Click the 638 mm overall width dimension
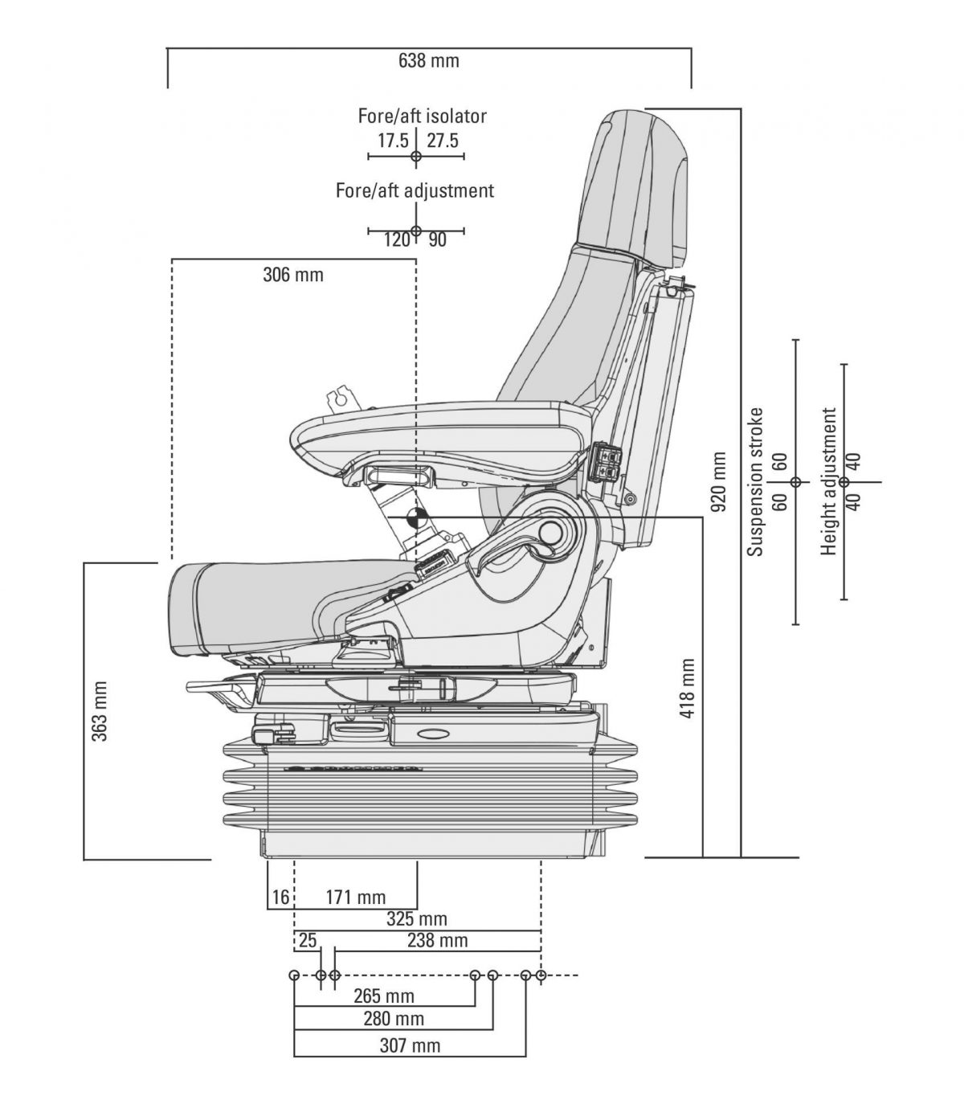tap(429, 60)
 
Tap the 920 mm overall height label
tap(719, 481)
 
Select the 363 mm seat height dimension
tap(100, 711)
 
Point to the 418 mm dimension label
tap(688, 688)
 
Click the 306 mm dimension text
tap(293, 275)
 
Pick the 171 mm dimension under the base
tap(355, 898)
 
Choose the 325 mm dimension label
tap(417, 918)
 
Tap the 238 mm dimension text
tap(437, 940)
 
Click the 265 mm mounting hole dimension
tap(384, 996)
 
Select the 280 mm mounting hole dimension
tap(394, 1019)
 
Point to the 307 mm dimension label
tap(410, 1045)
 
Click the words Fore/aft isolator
tap(423, 116)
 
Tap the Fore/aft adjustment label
tap(415, 191)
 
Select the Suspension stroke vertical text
tap(755, 482)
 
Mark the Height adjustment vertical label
tap(829, 482)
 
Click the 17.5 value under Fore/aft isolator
tap(394, 141)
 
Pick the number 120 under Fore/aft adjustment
tap(396, 239)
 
